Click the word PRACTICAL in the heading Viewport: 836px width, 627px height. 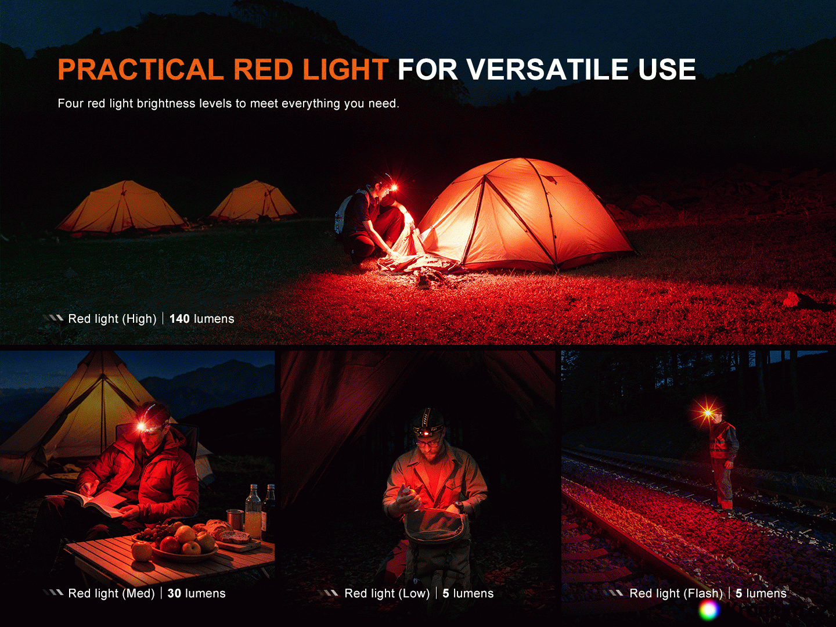coord(140,69)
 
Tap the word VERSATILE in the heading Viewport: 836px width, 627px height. coord(547,69)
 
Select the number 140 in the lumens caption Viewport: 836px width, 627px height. coord(179,319)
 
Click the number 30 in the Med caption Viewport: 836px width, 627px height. coord(174,593)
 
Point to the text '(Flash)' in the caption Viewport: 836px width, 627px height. coord(676,593)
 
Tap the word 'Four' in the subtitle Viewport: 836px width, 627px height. coord(70,103)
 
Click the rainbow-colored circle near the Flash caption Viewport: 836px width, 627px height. coord(709,610)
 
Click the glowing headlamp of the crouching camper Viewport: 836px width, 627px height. coord(394,187)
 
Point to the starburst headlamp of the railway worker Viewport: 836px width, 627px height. coord(708,413)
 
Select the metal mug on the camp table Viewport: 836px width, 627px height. coord(235,520)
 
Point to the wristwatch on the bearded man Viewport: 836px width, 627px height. coord(460,506)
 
